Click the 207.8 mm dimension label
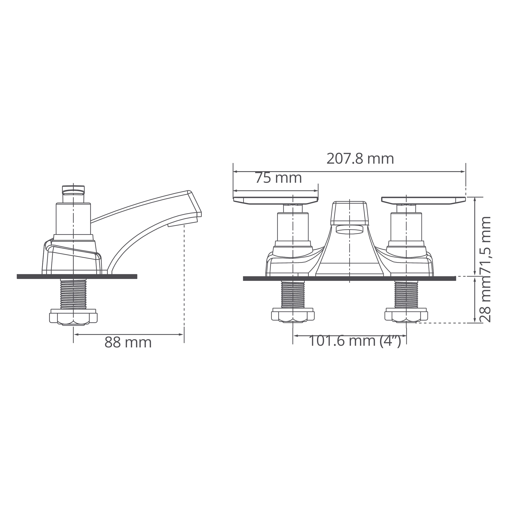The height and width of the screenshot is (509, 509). pyautogui.click(x=360, y=159)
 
